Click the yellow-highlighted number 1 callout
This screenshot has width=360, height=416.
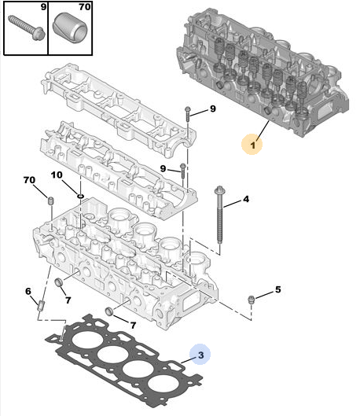point(252,145)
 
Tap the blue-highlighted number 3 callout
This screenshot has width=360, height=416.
point(200,355)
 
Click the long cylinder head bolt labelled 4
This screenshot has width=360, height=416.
point(219,215)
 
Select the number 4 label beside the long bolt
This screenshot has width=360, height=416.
point(246,199)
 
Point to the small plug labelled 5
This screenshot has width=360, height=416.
point(250,300)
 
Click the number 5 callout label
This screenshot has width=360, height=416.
point(277,289)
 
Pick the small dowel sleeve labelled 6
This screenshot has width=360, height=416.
point(42,306)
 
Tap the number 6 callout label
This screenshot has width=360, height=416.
point(28,291)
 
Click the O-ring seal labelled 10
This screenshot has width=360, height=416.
point(81,196)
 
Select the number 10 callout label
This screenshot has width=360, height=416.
point(57,175)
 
